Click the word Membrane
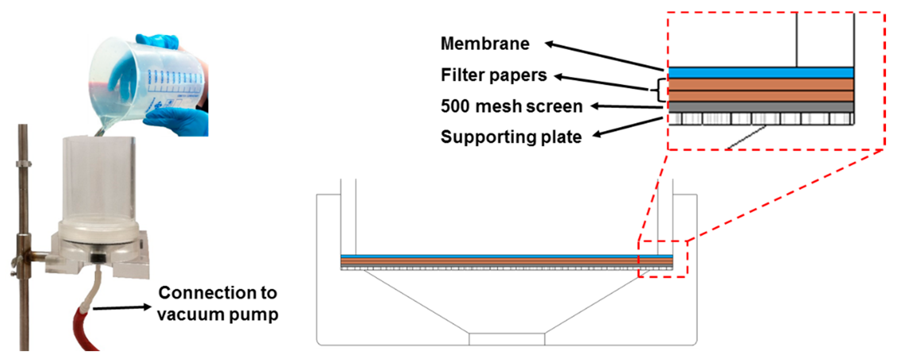point(485,44)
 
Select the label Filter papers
point(493,75)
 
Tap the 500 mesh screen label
point(511,106)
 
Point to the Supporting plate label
point(511,137)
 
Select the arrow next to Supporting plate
point(628,127)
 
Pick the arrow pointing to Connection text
point(122,308)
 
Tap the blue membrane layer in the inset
point(761,73)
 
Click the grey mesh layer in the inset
point(761,107)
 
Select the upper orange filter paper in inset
point(761,84)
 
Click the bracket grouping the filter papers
point(661,90)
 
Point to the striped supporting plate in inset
point(761,119)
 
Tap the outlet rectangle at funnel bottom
point(507,339)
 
